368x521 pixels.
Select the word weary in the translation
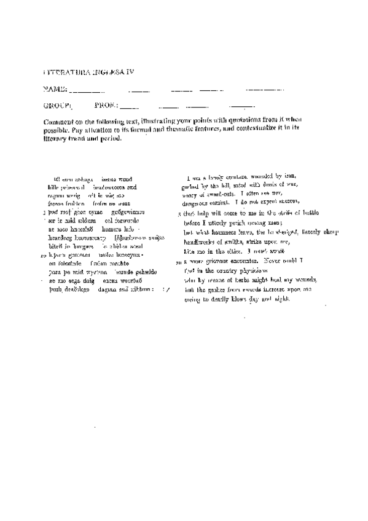tap(192, 194)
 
